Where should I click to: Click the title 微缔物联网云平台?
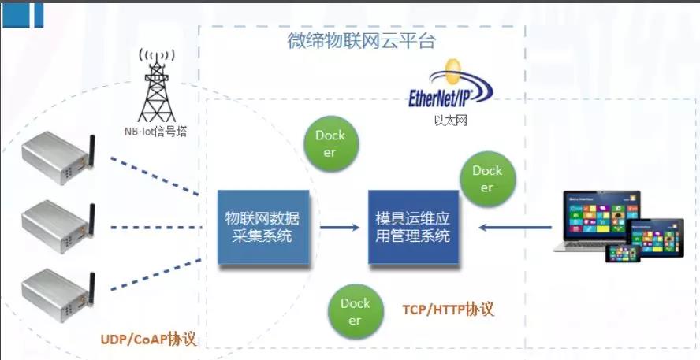(x=361, y=41)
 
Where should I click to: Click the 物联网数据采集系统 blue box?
(x=267, y=227)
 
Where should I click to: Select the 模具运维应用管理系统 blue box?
(x=413, y=227)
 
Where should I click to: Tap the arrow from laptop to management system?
(x=516, y=228)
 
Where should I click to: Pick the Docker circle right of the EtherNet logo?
(x=487, y=179)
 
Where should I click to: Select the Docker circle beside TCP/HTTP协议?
(x=356, y=311)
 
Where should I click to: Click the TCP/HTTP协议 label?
(x=448, y=309)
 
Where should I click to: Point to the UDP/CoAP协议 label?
(x=147, y=340)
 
